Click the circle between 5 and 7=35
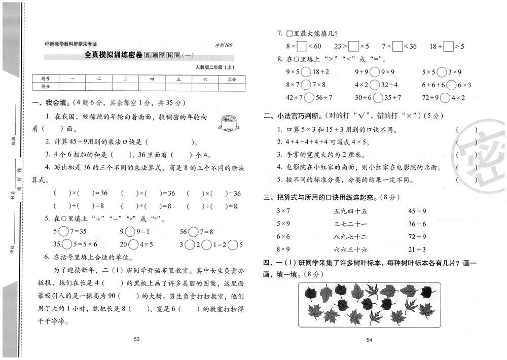(63, 231)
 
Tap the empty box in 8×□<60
(302, 47)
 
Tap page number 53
(136, 339)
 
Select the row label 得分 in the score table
(45, 87)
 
